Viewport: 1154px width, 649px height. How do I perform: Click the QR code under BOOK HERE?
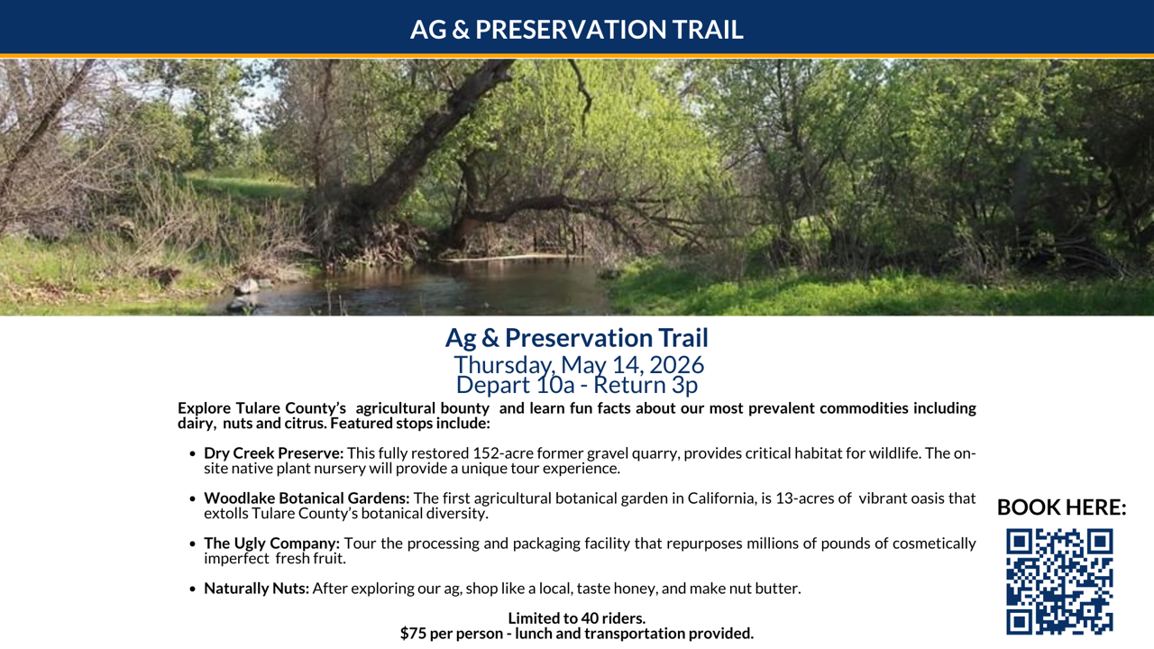1059,581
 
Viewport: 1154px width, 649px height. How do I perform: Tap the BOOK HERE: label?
1061,507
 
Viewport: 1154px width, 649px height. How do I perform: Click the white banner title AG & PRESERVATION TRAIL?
576,30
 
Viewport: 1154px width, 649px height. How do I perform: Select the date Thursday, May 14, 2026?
579,365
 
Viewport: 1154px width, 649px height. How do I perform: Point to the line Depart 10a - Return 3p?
577,385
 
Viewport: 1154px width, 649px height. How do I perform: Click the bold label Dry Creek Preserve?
273,453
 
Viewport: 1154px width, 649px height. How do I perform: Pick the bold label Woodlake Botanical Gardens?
307,498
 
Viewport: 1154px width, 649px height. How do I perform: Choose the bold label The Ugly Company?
271,544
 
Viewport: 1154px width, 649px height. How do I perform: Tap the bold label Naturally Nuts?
257,589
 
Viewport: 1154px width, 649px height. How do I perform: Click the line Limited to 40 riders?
577,618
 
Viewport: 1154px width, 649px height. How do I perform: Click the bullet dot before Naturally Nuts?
193,589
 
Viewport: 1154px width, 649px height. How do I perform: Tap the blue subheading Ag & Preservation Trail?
577,338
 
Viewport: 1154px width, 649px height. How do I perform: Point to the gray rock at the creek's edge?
247,287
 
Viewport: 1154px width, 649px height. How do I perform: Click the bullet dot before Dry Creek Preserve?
193,453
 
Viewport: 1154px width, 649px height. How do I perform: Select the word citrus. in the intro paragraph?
306,424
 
